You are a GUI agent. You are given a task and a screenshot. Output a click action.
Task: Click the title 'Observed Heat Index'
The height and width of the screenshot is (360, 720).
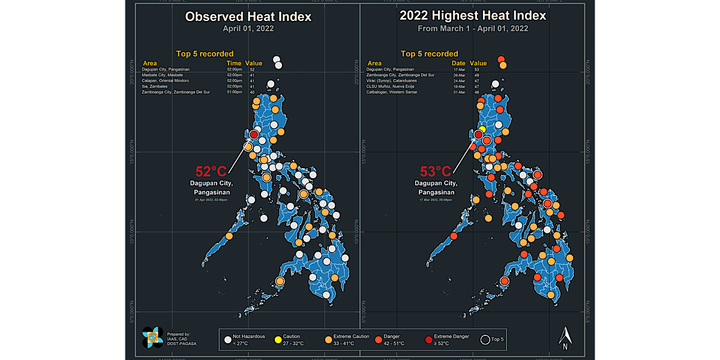[x=248, y=17]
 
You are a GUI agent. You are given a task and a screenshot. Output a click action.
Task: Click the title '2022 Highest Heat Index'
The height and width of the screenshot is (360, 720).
[x=473, y=16]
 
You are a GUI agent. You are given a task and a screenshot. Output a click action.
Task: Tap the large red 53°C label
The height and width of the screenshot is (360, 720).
[x=435, y=173]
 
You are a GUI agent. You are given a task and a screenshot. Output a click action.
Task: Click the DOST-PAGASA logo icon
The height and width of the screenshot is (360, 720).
[x=153, y=337]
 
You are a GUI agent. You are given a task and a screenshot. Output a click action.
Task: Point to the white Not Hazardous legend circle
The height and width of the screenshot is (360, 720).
[x=227, y=340]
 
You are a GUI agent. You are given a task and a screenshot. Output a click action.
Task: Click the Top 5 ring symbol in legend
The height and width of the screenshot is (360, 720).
[x=484, y=340]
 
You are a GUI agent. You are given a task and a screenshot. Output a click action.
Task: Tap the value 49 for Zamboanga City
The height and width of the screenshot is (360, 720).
[x=476, y=75]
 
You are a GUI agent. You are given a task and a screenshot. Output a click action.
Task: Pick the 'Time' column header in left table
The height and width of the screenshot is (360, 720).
[x=233, y=63]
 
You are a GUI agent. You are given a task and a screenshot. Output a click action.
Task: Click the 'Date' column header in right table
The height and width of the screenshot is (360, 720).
[x=458, y=63]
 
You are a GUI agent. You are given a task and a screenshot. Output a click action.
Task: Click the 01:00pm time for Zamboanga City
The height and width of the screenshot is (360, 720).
[x=233, y=92]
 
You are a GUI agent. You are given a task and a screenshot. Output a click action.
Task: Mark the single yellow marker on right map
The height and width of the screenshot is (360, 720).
[x=482, y=129]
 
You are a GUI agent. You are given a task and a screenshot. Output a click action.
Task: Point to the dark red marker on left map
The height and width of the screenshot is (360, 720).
[x=254, y=134]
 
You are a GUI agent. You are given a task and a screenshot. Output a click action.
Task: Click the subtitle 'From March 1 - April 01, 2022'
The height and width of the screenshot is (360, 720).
[x=473, y=29]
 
